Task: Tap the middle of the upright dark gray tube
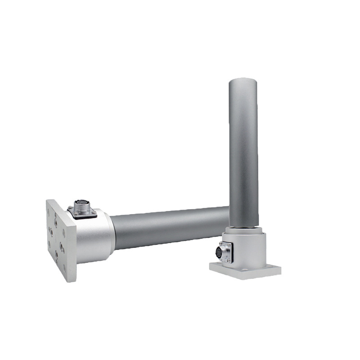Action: (243, 153)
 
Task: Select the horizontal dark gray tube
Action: (171, 227)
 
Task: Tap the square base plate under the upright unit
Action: (245, 271)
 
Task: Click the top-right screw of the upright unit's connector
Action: (229, 244)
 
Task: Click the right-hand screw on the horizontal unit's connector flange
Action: (94, 212)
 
